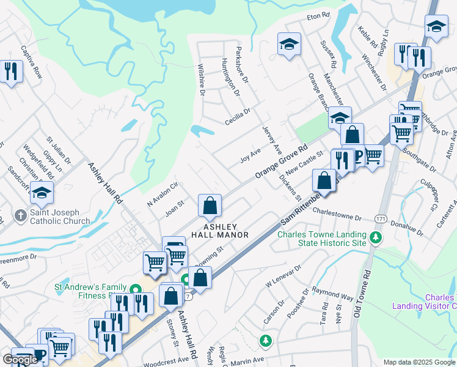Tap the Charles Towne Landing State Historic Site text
pos(322,239)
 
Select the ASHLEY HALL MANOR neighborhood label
pos(220,231)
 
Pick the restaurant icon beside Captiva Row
pos(11,72)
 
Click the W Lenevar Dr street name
pos(283,276)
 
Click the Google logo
pos(20,360)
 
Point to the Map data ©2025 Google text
pos(419,362)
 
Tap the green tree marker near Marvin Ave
pos(265,339)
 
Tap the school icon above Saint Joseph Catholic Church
pos(42,193)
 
